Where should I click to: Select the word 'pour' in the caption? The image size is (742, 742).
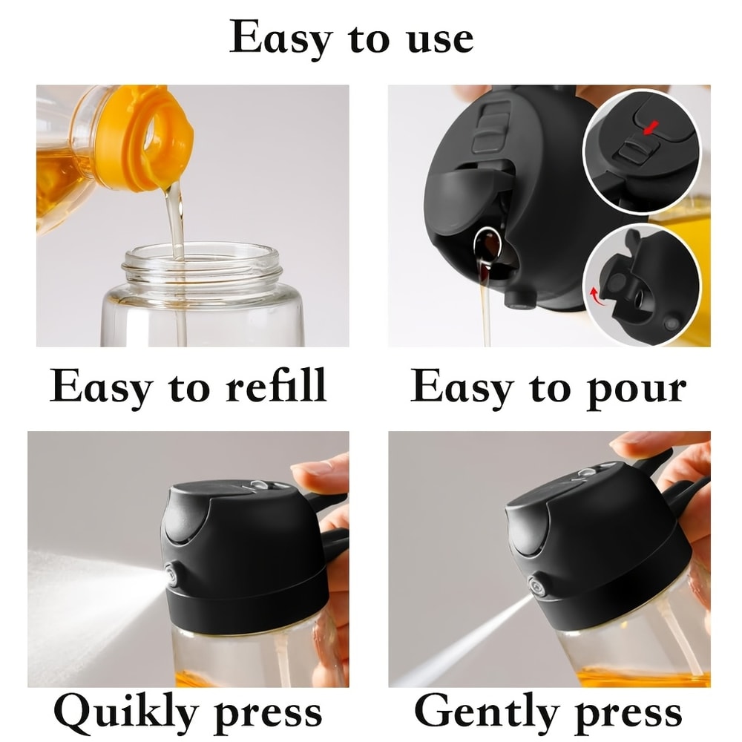click(637, 388)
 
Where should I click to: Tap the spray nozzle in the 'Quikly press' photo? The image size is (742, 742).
click(173, 574)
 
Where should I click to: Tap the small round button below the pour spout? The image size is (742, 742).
click(521, 298)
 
